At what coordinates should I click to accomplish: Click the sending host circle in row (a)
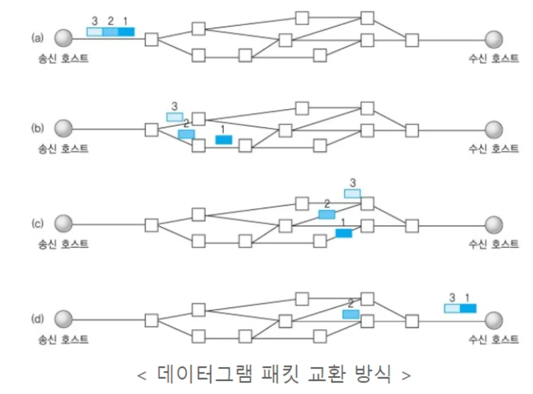(x=64, y=38)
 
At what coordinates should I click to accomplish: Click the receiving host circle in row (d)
(x=494, y=321)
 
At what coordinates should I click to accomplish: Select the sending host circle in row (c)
(x=64, y=224)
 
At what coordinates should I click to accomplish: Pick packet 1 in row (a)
(x=126, y=32)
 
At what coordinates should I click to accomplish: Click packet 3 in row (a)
(x=95, y=32)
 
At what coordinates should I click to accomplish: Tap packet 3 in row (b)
(x=175, y=117)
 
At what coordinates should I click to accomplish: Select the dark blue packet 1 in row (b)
(x=223, y=140)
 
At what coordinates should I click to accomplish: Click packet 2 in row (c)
(x=326, y=214)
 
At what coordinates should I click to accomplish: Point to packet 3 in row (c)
(x=352, y=193)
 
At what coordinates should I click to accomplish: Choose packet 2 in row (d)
(x=351, y=314)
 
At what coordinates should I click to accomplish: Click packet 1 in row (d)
(x=468, y=308)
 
